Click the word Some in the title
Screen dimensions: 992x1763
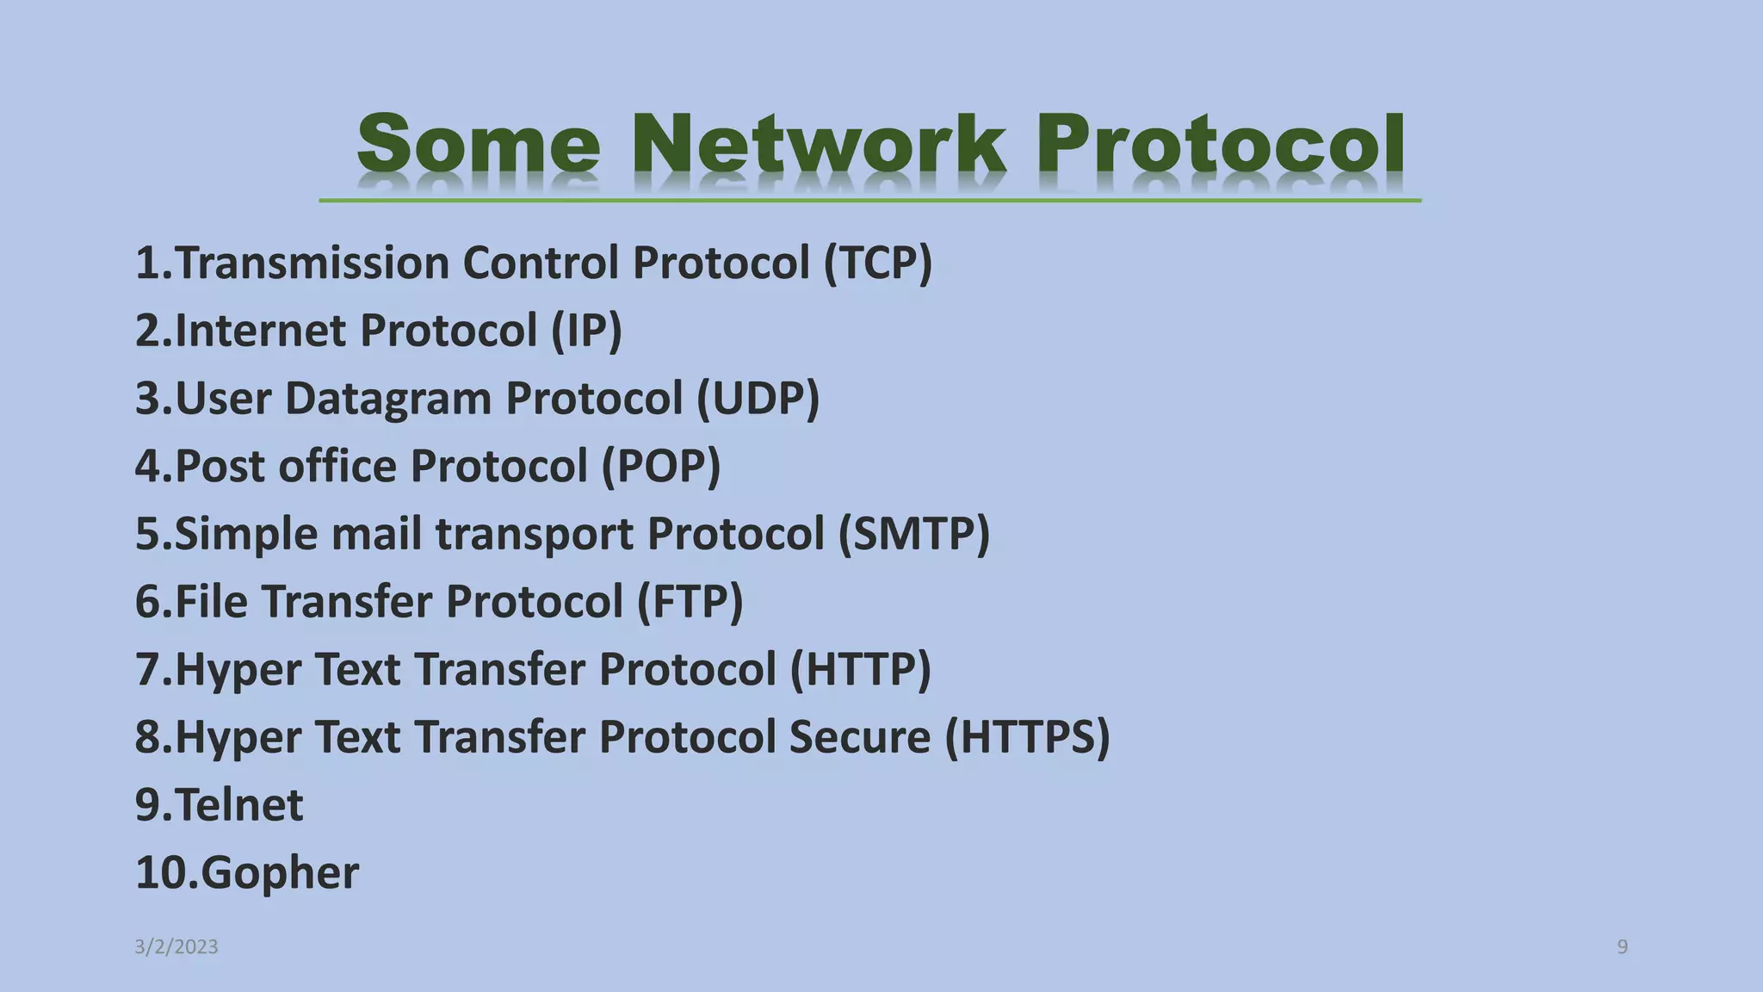pos(479,144)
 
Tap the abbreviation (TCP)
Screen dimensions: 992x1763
pos(877,263)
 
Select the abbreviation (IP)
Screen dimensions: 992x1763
pos(586,331)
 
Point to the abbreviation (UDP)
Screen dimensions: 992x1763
pos(758,399)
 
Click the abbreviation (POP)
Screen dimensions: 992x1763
pos(660,466)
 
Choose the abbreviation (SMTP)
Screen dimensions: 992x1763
pos(914,534)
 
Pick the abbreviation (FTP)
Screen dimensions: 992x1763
pos(690,601)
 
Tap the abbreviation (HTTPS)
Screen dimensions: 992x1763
pos(1027,737)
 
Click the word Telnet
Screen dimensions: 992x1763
pos(238,805)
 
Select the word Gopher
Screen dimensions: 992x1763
pos(279,873)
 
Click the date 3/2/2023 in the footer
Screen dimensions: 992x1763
pos(176,947)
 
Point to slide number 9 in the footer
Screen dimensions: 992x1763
pos(1622,947)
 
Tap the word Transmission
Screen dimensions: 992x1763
pos(312,263)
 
